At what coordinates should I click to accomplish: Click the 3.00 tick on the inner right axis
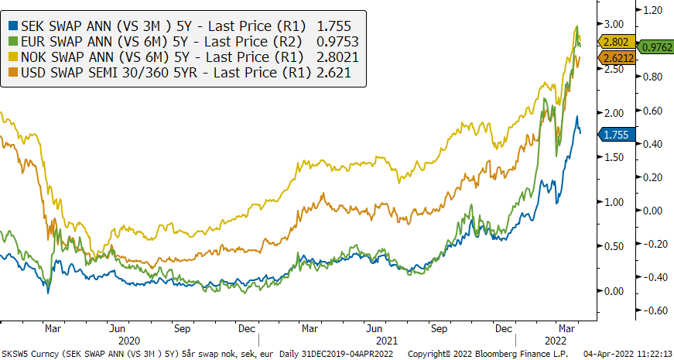click(x=614, y=24)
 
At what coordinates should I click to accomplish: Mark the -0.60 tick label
click(x=652, y=310)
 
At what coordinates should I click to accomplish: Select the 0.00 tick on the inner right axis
click(x=614, y=291)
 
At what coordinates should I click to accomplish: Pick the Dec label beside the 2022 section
click(x=505, y=327)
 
